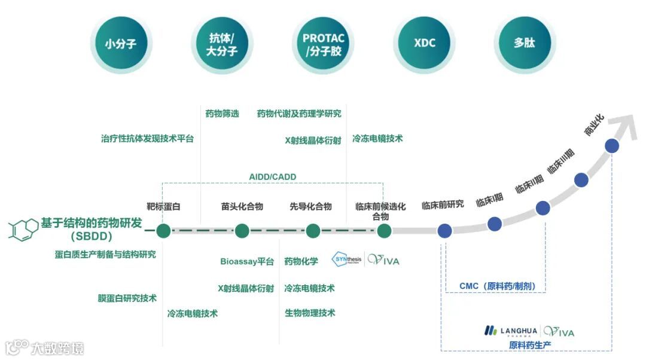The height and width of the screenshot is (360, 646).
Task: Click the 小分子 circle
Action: tap(121, 43)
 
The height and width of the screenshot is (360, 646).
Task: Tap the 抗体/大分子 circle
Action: tap(222, 43)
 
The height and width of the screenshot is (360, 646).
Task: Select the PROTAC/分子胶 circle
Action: tap(324, 43)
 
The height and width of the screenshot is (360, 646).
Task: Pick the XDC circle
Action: tap(425, 43)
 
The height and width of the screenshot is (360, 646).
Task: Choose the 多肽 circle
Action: tap(525, 43)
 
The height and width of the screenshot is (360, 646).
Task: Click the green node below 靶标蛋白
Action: tap(163, 231)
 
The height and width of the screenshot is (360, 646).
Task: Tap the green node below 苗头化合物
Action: tap(242, 231)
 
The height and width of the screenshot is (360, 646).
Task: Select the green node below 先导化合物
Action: tap(313, 231)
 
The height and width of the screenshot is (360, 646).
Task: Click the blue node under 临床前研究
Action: tap(444, 231)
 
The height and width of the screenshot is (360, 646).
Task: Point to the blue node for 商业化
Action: tap(611, 145)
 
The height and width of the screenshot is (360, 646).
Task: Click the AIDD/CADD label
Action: tap(273, 177)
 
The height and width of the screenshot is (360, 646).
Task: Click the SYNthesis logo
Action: tap(348, 260)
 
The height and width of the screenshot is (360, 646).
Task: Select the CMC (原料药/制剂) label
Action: tap(497, 286)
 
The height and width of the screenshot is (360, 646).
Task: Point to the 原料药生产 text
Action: tap(530, 345)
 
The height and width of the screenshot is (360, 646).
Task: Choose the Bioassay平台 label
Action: tap(247, 261)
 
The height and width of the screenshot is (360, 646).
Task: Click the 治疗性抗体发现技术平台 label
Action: tap(148, 139)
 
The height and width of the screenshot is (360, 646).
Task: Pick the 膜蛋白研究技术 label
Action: tap(127, 298)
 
